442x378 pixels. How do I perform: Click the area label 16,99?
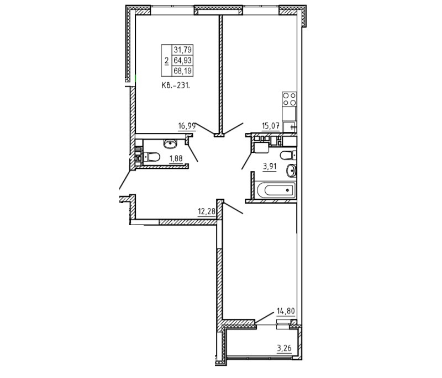187,126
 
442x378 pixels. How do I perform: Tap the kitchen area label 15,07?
271,126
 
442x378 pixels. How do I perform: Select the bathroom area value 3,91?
270,167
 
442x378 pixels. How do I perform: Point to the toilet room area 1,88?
176,159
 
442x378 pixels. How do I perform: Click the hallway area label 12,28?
207,211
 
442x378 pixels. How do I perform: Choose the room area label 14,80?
286,311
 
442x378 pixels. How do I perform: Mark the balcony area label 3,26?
284,348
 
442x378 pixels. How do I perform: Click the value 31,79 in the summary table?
183,50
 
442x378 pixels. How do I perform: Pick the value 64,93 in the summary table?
183,61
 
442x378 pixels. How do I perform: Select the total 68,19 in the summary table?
183,71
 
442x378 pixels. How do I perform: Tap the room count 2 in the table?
167,61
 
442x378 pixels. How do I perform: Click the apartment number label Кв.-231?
176,86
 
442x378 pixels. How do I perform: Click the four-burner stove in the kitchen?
289,99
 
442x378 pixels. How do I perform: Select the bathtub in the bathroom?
276,190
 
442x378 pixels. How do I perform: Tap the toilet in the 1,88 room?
151,157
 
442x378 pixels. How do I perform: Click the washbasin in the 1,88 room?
170,143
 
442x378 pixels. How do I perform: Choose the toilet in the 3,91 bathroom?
288,155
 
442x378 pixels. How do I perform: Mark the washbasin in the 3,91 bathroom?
292,171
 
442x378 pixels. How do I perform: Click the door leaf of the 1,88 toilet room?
192,153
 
